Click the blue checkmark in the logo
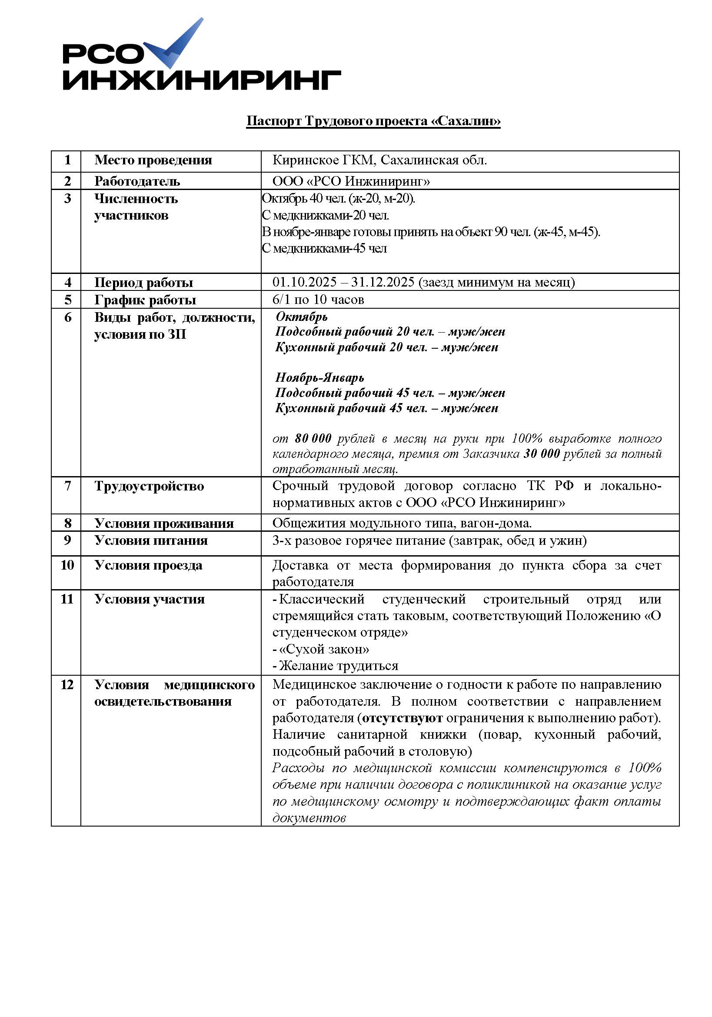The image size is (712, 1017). [x=177, y=44]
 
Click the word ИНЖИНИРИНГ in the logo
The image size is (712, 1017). [x=201, y=80]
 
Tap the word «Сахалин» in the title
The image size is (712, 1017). [x=466, y=121]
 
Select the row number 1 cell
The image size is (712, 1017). [x=67, y=160]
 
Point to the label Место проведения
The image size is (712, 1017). [x=153, y=160]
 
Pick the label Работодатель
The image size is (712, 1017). [x=137, y=181]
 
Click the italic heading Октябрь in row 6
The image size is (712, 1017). [x=301, y=317]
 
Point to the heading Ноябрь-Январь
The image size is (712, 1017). [x=319, y=377]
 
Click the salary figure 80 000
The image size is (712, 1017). [x=313, y=439]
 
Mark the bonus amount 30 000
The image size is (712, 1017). [x=542, y=453]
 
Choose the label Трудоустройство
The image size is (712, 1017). [x=149, y=487]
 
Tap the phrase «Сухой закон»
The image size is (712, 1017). [x=324, y=649]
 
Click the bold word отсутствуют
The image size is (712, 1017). [x=402, y=718]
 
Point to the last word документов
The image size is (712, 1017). [x=309, y=818]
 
